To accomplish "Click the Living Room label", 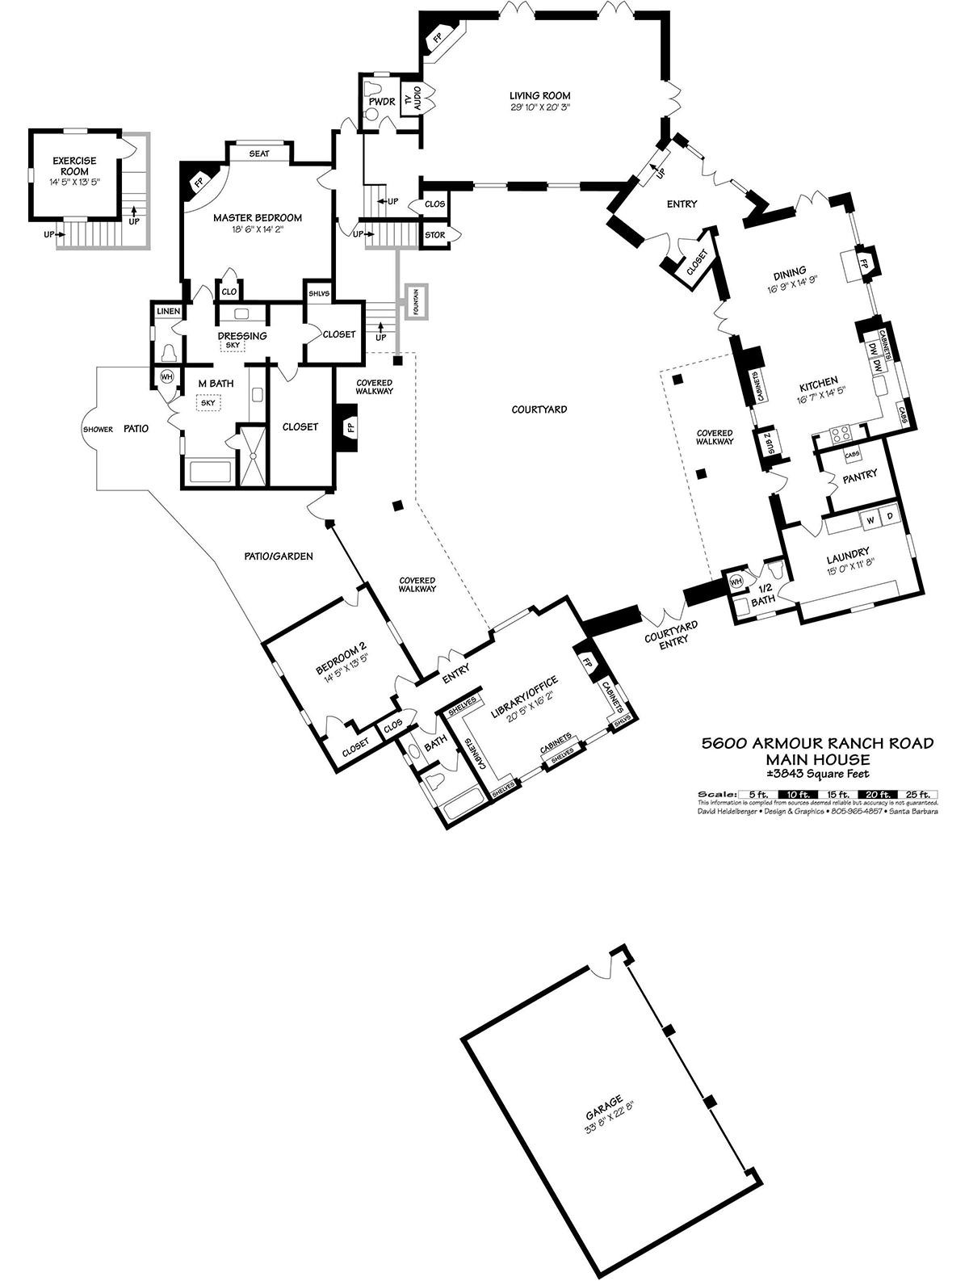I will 539,96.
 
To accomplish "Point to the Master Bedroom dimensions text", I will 257,229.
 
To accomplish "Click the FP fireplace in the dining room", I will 862,264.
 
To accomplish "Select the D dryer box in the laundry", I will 890,516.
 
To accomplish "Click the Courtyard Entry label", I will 671,633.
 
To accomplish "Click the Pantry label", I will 859,476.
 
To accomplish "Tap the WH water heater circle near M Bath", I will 166,376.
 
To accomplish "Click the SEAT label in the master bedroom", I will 258,153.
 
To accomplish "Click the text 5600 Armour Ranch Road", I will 817,743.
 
